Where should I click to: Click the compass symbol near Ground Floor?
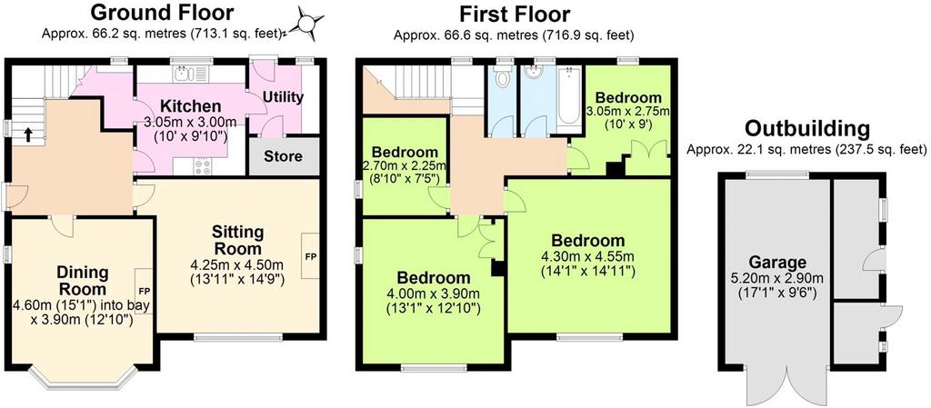[307, 24]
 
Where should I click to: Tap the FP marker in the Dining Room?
[145, 292]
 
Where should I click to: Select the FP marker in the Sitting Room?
[311, 257]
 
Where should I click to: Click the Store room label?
[283, 156]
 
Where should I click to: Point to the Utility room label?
[283, 96]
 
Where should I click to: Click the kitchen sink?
[191, 74]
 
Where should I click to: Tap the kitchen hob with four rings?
[202, 166]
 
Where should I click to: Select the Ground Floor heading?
[162, 12]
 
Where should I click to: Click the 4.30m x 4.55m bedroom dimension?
[588, 257]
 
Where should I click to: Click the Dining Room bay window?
[83, 378]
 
